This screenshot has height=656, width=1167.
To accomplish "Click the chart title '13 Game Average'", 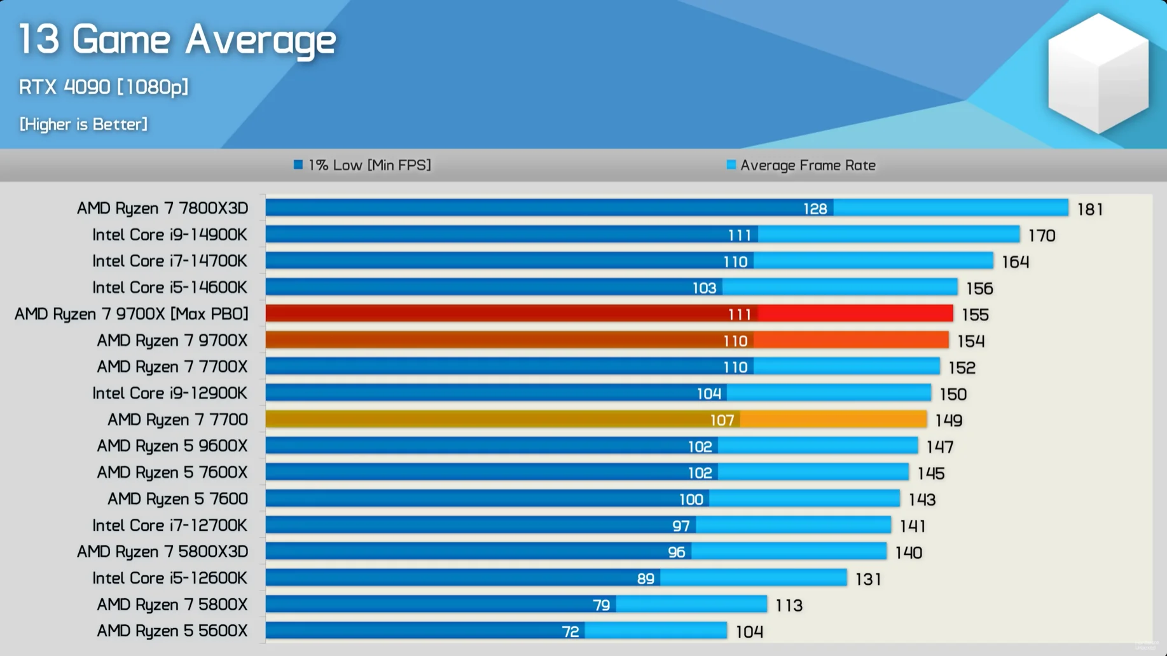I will [x=177, y=40].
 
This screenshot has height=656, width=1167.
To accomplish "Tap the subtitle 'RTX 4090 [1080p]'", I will [x=104, y=87].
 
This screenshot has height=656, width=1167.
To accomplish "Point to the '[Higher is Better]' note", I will [x=83, y=125].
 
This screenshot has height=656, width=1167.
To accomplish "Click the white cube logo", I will [x=1098, y=74].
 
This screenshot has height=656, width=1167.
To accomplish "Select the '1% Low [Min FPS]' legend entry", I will [x=363, y=165].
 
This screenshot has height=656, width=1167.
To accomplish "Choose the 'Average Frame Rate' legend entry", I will [x=801, y=165].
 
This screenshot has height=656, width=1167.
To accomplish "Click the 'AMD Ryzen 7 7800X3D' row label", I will [x=162, y=208].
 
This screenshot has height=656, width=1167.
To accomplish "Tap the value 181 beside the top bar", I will [x=1090, y=209].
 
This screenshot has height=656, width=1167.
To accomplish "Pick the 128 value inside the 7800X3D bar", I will [x=815, y=208].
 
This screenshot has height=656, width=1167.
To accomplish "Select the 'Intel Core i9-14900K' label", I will [x=169, y=235].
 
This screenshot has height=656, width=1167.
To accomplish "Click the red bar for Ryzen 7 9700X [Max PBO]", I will [x=509, y=313].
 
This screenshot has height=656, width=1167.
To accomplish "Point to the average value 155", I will [x=975, y=315].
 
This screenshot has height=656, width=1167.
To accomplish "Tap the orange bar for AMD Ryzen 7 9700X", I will [x=509, y=340].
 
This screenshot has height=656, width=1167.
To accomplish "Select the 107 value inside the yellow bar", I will [x=722, y=420].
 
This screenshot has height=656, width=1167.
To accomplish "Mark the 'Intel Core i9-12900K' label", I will [x=169, y=393].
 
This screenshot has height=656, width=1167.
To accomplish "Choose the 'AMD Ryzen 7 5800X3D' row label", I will [x=162, y=552].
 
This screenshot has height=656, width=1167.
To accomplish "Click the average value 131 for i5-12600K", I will [x=868, y=579].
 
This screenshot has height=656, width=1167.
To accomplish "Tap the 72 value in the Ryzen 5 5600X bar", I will [x=570, y=631].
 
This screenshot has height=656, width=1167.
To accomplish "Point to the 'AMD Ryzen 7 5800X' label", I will [x=172, y=605].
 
